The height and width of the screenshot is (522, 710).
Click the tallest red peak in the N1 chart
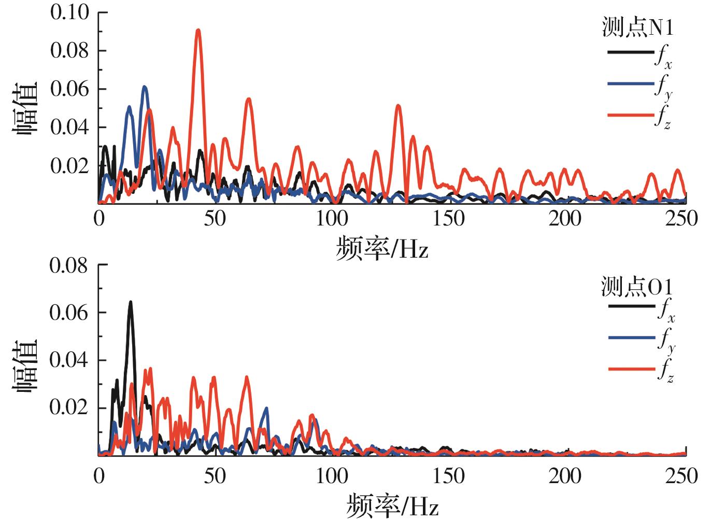tap(198, 31)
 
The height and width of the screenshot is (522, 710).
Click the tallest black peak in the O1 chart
tap(131, 303)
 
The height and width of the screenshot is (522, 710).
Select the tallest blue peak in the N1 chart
tap(145, 88)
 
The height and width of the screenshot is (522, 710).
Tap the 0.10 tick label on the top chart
tap(69, 12)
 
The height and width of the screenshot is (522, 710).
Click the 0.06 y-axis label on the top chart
tap(69, 89)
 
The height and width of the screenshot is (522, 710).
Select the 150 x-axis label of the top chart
tap(448, 218)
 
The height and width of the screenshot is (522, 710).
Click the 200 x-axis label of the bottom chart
tap(565, 475)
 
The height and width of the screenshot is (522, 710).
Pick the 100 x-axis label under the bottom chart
tap(332, 475)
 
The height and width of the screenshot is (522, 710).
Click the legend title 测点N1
tap(637, 27)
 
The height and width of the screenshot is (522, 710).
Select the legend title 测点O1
tap(636, 286)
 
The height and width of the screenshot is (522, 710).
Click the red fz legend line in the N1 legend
tap(630, 114)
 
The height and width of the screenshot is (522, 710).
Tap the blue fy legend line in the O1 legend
tap(631, 338)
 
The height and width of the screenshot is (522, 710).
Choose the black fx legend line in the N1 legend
tap(630, 52)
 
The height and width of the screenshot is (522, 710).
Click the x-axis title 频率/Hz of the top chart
tap(382, 248)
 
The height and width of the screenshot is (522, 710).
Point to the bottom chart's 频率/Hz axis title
tap(392, 505)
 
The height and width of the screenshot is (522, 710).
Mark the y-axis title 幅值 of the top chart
tap(25, 108)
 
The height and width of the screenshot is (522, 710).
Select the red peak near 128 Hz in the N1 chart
tap(398, 106)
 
